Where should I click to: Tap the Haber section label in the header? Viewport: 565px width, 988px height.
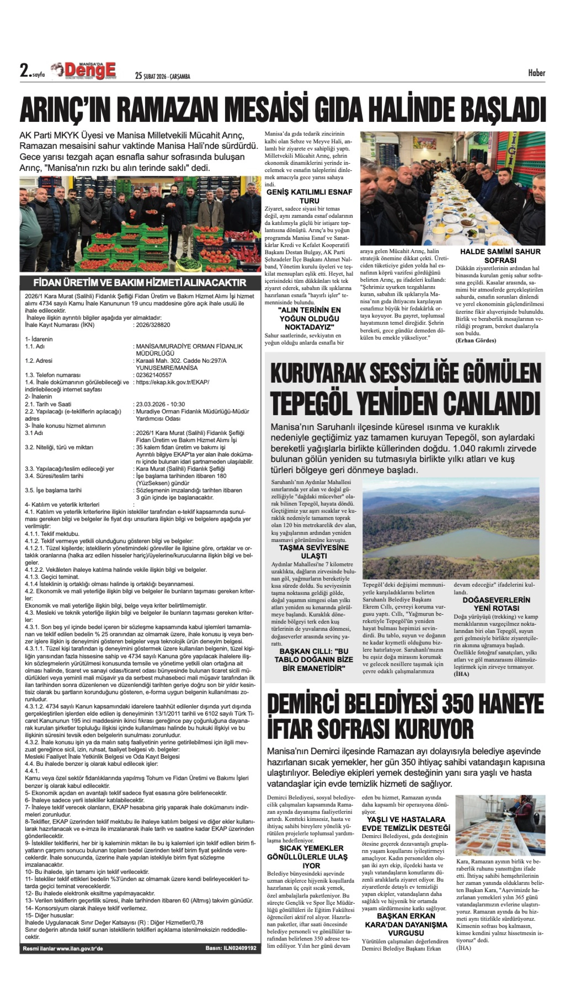coord(536,73)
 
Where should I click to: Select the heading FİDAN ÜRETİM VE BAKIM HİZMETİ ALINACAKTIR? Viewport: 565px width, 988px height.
coord(140,282)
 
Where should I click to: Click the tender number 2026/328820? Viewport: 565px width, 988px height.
coord(153,325)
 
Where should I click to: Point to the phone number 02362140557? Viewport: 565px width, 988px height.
coord(154,375)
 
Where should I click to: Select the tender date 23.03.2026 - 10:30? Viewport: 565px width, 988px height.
coord(160,404)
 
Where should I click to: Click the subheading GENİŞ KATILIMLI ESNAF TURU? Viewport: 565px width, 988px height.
coord(309,196)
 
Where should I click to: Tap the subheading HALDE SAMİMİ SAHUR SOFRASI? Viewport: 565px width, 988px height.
coord(500,256)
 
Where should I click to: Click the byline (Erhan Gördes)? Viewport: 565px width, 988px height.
coord(475,341)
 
